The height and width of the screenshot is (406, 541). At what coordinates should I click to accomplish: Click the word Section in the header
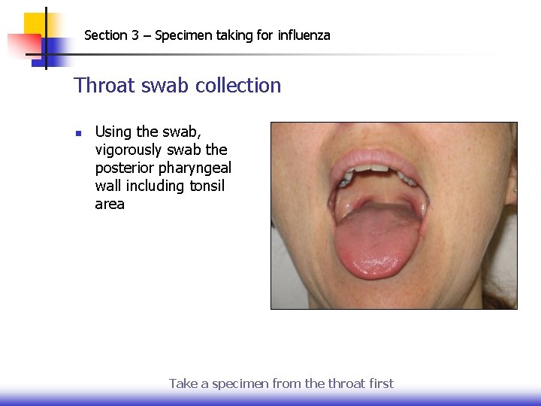105,35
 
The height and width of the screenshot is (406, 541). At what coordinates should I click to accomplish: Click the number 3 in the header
135,35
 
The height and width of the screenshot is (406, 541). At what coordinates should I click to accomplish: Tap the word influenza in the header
304,35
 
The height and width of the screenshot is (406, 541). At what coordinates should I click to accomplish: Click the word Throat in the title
102,86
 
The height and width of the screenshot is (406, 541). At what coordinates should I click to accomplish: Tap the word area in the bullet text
110,204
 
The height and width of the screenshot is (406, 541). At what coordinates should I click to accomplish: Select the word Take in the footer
183,383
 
